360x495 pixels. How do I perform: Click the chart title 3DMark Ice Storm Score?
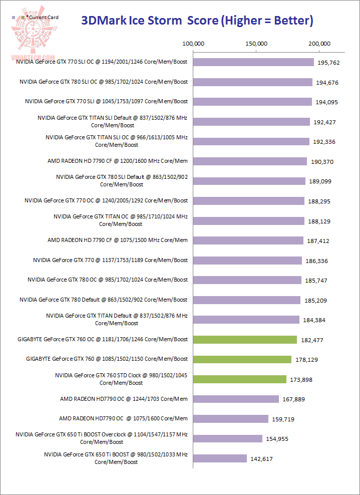pos(197,21)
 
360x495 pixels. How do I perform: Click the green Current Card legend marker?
pos(24,18)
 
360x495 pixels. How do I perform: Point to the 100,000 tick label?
pos(193,44)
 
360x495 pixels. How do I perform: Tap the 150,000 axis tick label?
pos(256,44)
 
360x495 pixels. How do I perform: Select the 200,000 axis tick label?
pos(319,44)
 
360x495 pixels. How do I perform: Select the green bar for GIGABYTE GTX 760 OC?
pos(245,340)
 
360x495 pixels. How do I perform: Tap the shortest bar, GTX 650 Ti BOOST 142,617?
pos(220,458)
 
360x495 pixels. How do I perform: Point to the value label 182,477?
pos(312,340)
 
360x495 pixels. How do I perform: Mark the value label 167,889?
pos(294,399)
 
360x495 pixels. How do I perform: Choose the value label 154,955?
pos(277,439)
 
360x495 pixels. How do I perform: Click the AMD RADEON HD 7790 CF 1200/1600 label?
pos(118,161)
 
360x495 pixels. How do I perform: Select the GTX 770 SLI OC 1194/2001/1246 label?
pos(102,62)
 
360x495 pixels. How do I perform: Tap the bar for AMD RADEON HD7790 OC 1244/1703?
pos(236,399)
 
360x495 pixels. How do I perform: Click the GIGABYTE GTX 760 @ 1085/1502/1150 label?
pos(107,359)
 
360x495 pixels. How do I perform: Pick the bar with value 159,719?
pos(231,419)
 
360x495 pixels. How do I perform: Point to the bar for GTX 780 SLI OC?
pos(253,82)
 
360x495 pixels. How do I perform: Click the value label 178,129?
pos(306,360)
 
